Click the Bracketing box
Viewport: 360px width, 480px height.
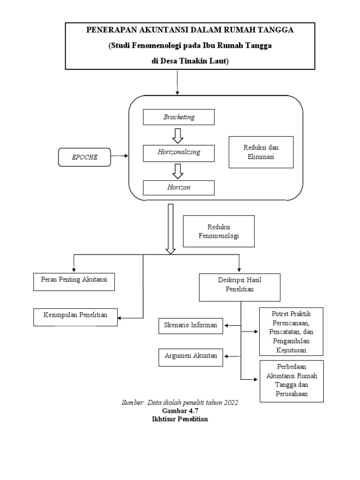(179, 117)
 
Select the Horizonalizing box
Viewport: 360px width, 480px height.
(179, 152)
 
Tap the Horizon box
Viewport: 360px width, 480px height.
(179, 187)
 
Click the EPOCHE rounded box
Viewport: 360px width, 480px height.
(85, 157)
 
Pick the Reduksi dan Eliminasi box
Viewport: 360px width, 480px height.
(261, 152)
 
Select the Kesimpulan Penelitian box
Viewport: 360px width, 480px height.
(75, 316)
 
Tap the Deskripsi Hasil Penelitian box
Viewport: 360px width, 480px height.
(240, 287)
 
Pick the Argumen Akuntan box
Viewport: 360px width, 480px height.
(191, 356)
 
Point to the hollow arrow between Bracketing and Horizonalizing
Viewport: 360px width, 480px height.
(178, 135)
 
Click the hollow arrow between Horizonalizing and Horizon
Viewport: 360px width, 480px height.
(178, 171)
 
